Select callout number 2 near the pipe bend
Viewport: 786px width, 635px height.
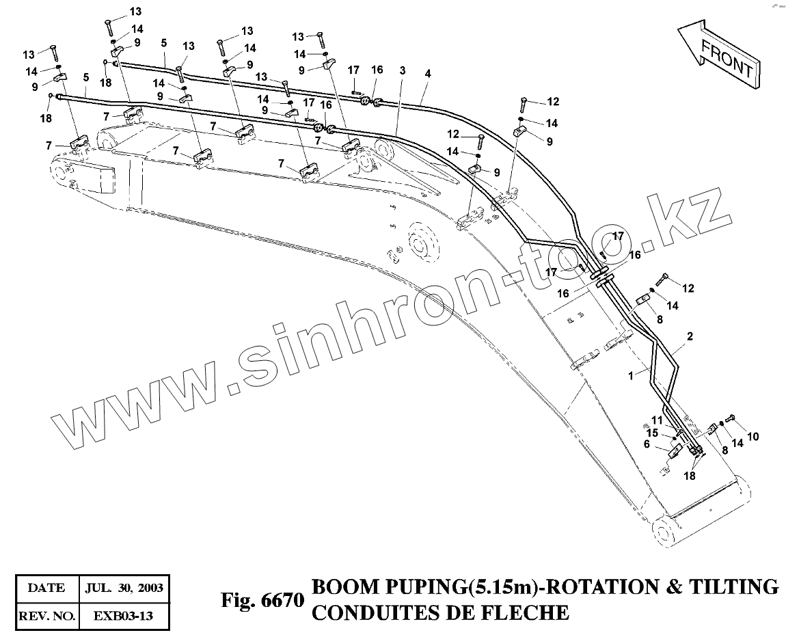[x=690, y=337]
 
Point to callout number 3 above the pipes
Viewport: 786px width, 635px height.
[x=403, y=71]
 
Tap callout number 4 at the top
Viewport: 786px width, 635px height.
[x=427, y=72]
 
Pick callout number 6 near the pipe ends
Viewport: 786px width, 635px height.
[x=647, y=444]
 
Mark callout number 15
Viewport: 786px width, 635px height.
[x=652, y=432]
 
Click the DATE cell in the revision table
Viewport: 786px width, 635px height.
[x=47, y=587]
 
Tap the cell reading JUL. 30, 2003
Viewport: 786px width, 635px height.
[x=123, y=587]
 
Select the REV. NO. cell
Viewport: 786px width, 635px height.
[x=47, y=615]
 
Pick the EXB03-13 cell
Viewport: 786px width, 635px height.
[x=123, y=615]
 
